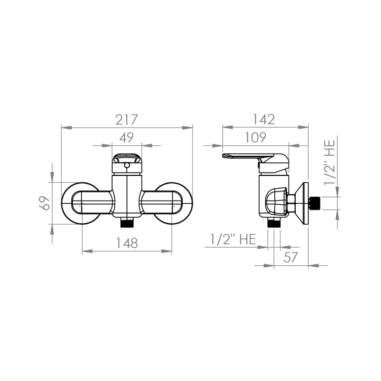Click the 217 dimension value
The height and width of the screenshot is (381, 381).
[x=127, y=120]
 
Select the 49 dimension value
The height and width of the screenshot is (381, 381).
[x=127, y=138]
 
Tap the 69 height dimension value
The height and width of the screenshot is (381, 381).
[x=45, y=203]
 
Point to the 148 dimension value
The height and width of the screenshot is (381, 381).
[x=127, y=243]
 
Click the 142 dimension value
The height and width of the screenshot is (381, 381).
[x=264, y=120]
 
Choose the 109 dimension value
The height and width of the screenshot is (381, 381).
[x=255, y=138]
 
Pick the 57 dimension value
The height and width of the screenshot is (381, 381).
[x=291, y=257]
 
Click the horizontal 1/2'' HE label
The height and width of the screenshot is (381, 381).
[x=233, y=240]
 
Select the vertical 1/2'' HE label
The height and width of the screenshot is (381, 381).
[x=330, y=162]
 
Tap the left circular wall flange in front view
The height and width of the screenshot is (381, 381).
[x=80, y=203]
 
